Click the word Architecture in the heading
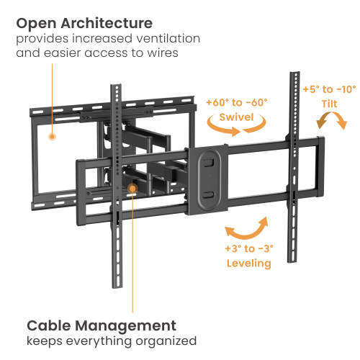[x=107, y=24]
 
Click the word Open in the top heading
[x=37, y=24]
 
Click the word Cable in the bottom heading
[x=49, y=325]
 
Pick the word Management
[x=126, y=327]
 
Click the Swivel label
[x=236, y=117]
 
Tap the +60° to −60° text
[x=237, y=102]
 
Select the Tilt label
[x=329, y=104]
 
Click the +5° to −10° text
[x=329, y=89]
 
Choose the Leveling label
[x=249, y=264]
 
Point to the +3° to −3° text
[x=249, y=248]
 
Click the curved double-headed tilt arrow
[x=331, y=114]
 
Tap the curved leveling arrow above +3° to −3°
[x=245, y=236]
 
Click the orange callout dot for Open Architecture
[x=52, y=137]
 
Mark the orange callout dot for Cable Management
[x=132, y=189]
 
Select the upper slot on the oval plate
[x=208, y=162]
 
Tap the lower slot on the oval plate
[x=209, y=194]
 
